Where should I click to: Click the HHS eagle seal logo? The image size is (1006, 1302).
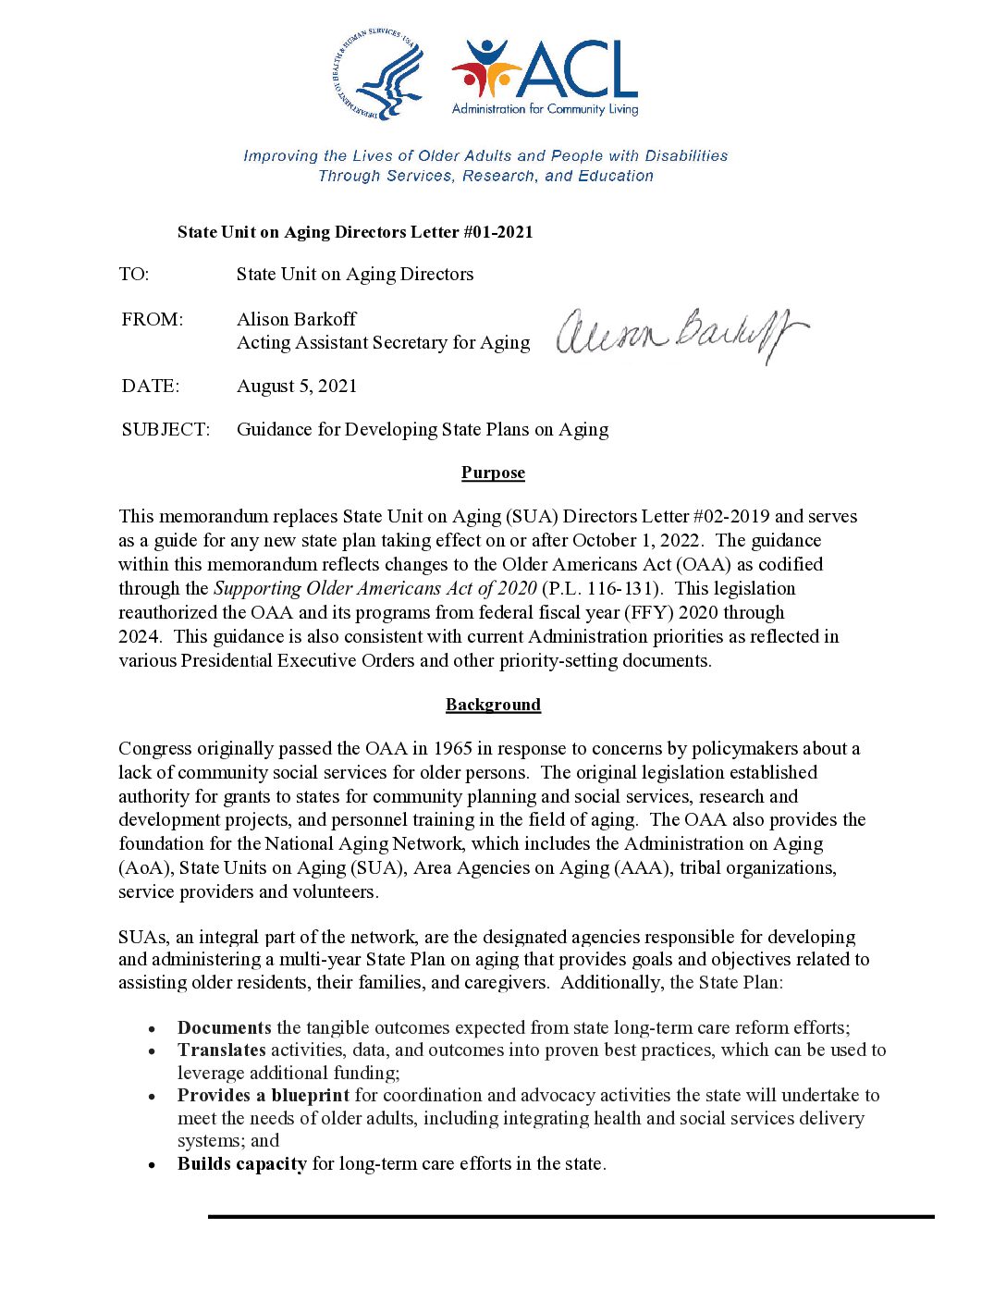377,75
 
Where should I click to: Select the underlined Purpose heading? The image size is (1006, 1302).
493,473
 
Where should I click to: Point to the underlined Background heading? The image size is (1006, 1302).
493,705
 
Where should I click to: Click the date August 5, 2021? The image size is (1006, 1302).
297,386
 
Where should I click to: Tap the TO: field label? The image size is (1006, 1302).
134,274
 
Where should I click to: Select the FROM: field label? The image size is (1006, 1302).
153,319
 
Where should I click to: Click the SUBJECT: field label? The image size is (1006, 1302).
166,429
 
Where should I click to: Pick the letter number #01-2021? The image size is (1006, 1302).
497,232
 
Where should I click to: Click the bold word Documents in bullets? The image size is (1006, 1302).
225,1027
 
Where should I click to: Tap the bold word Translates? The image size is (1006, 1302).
222,1050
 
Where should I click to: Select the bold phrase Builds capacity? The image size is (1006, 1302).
242,1163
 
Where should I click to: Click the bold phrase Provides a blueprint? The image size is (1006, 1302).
264,1095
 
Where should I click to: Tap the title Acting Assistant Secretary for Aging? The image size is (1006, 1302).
384,342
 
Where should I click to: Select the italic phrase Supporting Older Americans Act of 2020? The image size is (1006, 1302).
375,588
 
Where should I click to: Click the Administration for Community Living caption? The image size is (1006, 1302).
545,109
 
